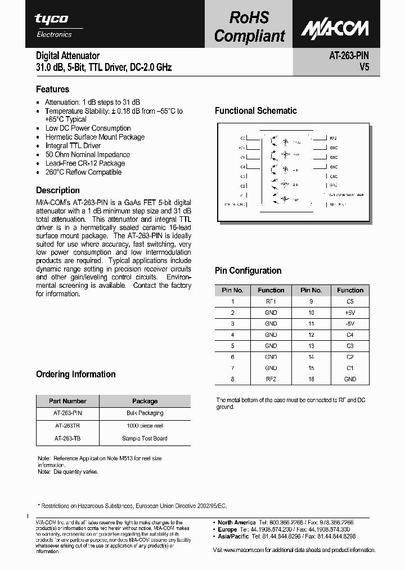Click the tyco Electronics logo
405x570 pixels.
tap(54, 25)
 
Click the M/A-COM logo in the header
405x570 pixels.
tap(334, 29)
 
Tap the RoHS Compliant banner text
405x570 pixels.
tap(250, 26)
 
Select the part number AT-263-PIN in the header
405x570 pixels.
tap(349, 55)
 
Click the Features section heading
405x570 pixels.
tap(52, 89)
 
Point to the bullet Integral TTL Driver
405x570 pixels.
tap(73, 146)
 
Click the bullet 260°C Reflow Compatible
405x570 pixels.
tap(83, 172)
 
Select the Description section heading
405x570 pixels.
tap(57, 190)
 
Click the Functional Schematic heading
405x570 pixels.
tap(255, 111)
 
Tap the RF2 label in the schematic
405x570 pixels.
tap(333, 138)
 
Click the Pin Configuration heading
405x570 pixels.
tap(248, 271)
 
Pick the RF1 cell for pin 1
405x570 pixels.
tap(271, 301)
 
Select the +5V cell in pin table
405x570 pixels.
tap(350, 312)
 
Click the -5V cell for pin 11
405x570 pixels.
tap(350, 323)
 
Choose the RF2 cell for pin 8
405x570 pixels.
tap(271, 379)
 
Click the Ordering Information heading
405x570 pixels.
tap(75, 375)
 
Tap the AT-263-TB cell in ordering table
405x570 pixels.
tap(67, 438)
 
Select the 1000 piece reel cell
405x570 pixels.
tap(145, 426)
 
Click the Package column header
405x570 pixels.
tap(145, 401)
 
